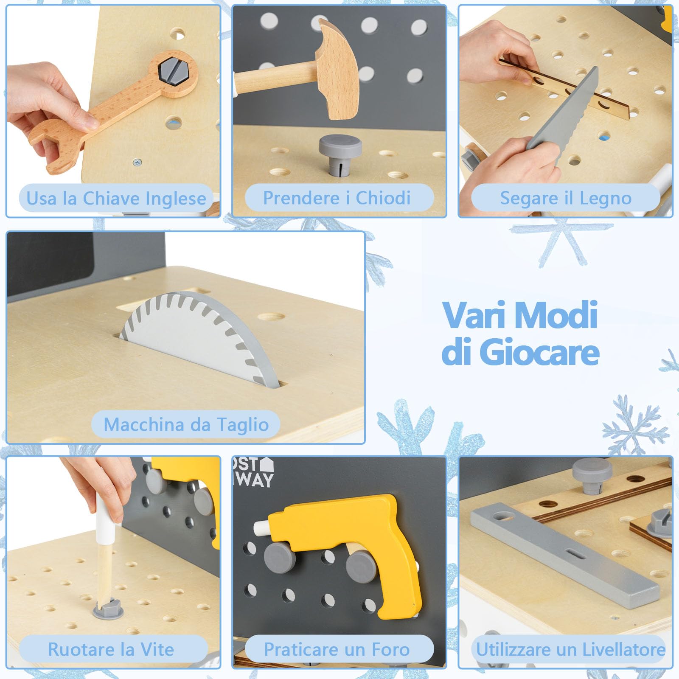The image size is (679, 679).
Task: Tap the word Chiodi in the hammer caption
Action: pyautogui.click(x=383, y=198)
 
